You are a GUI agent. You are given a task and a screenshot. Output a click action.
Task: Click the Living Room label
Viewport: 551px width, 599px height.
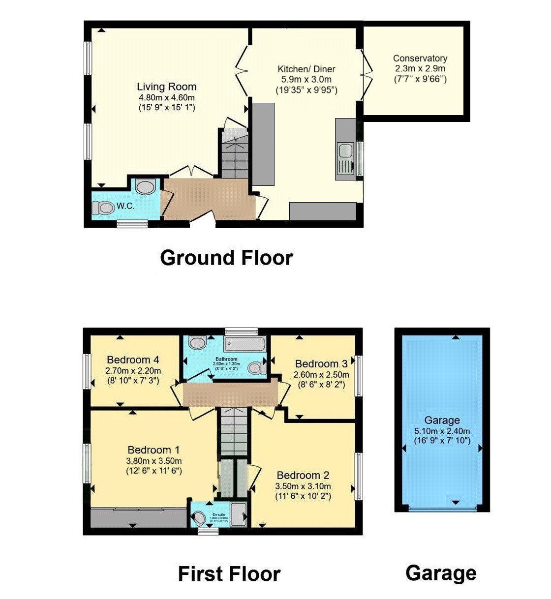click(166, 87)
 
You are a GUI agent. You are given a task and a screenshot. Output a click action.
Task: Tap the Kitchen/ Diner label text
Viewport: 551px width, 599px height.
click(306, 69)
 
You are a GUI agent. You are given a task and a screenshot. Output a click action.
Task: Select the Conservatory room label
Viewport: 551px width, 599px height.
click(420, 59)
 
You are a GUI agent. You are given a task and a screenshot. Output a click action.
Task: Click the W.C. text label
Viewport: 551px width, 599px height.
click(125, 207)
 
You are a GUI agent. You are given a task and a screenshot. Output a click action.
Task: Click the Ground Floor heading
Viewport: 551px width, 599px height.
click(226, 258)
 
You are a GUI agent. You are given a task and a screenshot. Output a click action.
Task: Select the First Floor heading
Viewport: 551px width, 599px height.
click(229, 574)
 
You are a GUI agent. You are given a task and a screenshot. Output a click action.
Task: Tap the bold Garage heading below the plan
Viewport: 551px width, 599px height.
click(441, 573)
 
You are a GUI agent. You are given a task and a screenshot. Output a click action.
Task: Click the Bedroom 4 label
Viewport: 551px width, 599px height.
click(133, 359)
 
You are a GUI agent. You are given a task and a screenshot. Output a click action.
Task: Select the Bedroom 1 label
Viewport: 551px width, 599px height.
click(153, 449)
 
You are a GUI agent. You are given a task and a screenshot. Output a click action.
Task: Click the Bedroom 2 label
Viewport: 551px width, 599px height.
click(303, 475)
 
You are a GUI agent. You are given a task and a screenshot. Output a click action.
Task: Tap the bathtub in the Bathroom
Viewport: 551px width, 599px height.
click(245, 344)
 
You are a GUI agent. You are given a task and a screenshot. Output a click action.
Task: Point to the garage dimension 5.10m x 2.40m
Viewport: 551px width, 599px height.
click(442, 431)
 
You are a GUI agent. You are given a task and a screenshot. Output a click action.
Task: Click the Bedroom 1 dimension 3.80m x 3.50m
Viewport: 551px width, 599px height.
click(153, 461)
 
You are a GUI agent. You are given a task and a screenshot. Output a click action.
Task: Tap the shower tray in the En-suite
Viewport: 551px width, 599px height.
click(239, 515)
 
